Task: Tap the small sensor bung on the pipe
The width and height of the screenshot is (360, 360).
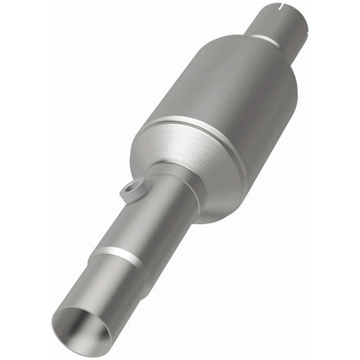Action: (129, 190)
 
